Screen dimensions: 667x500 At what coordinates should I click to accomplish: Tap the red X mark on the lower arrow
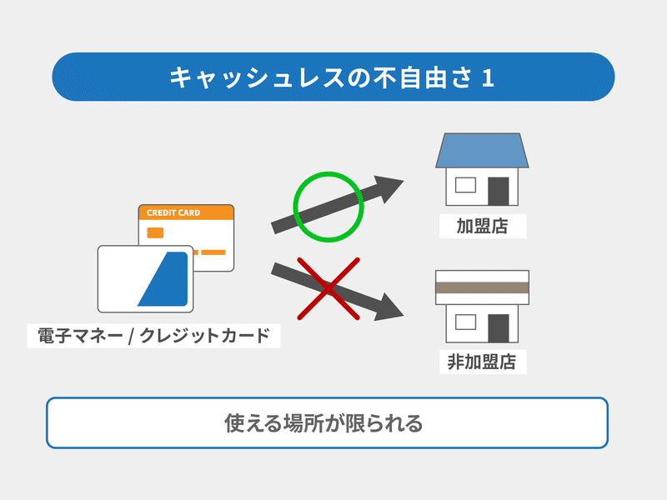(328, 288)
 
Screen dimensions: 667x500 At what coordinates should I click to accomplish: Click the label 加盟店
(483, 226)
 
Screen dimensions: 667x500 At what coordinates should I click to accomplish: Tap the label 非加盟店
(483, 362)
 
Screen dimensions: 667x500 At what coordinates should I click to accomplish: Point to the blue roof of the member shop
(482, 150)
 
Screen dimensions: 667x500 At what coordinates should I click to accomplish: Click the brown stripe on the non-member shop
(482, 287)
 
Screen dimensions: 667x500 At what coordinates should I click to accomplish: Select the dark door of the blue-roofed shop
(498, 192)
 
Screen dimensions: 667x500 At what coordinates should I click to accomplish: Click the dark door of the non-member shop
(498, 328)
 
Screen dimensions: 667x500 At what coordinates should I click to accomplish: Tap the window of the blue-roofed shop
(465, 185)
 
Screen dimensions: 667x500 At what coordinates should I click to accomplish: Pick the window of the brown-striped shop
(465, 322)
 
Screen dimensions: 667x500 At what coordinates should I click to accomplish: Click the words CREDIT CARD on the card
(173, 212)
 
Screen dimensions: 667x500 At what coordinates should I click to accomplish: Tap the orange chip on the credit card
(155, 232)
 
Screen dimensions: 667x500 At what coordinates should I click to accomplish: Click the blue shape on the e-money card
(163, 279)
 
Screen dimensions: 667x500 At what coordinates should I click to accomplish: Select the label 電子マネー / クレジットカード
(153, 336)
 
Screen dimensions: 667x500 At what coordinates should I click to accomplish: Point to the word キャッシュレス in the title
(257, 77)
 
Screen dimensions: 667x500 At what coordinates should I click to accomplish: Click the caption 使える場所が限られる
(323, 423)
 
